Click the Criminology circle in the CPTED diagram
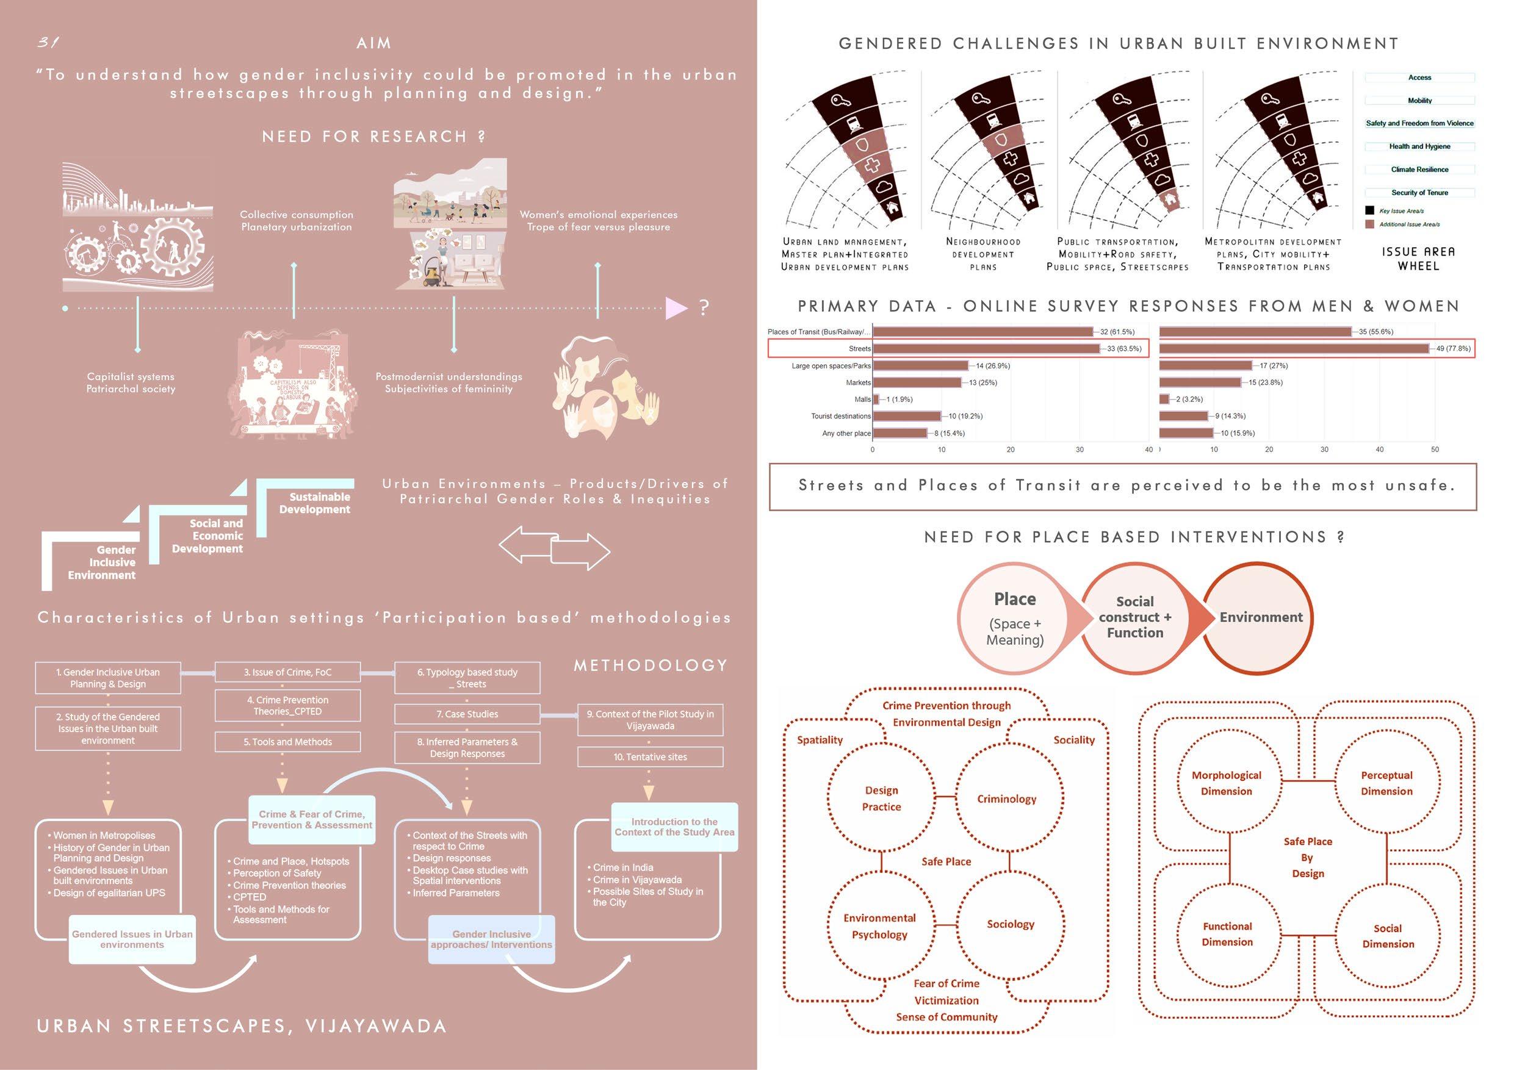(1007, 799)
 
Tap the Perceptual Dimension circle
(1386, 783)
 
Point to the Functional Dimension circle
(1227, 933)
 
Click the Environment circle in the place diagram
(1261, 617)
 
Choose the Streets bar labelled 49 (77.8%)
(1294, 349)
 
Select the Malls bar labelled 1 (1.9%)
(876, 400)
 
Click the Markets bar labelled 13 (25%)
(917, 382)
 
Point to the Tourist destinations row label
(841, 416)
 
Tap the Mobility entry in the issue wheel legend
(1419, 101)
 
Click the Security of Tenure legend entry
(1419, 193)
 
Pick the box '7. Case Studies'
(467, 714)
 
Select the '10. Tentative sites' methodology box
(650, 757)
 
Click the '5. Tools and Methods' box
(287, 742)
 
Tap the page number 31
(48, 43)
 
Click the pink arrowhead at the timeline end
(676, 308)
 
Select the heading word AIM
(374, 43)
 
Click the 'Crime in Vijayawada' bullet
(637, 880)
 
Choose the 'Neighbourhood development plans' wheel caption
(983, 254)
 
